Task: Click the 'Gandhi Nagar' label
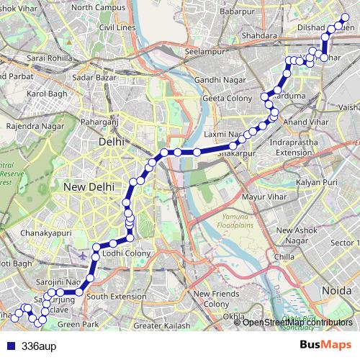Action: pos(215,79)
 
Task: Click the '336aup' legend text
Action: pos(39,346)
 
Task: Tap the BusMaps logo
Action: pos(325,345)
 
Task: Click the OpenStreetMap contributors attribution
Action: pos(297,322)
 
